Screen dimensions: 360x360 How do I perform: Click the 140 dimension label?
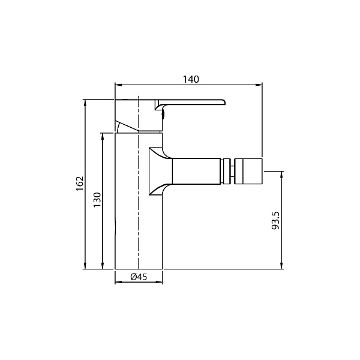coord(191,79)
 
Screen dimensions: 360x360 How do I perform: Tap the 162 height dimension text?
coord(80,184)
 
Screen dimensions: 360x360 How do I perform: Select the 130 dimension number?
coord(97,200)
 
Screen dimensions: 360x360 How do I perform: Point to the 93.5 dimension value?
coord(275,220)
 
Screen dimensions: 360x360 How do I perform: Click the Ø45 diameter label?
coord(139,277)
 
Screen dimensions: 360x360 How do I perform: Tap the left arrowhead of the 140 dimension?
coord(118,85)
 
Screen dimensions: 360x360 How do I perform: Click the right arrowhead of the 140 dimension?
coord(259,85)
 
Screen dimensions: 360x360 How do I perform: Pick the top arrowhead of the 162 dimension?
coord(85,103)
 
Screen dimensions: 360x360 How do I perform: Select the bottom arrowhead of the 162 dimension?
coord(85,266)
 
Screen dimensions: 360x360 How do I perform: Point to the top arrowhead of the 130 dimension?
coord(103,136)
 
